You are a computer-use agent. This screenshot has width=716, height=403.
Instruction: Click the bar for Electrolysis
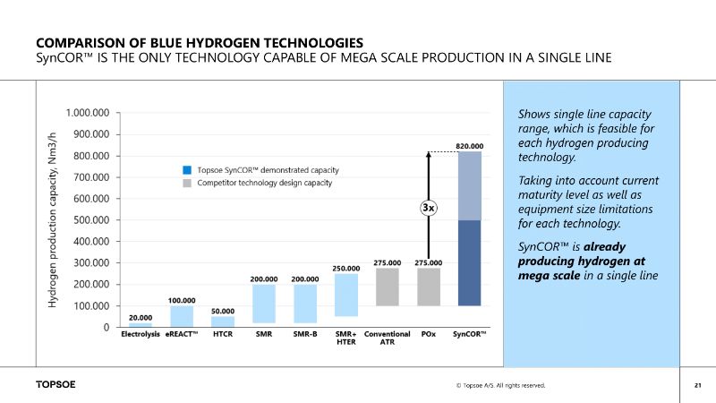tap(141, 324)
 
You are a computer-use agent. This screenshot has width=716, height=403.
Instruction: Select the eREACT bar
tap(182, 316)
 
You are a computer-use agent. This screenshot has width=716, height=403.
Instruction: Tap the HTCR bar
tap(223, 322)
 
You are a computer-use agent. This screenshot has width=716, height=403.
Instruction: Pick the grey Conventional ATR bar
tap(387, 287)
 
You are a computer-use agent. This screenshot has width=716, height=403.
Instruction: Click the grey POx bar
tap(430, 287)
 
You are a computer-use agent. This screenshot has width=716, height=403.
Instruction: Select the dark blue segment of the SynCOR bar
tap(470, 263)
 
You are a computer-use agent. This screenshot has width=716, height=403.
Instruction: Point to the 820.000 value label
tap(470, 145)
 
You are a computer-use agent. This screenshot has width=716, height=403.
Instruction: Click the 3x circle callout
tap(429, 208)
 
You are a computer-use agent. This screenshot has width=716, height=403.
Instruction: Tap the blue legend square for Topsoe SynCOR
tap(185, 169)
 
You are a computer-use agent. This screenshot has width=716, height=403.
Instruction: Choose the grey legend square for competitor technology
tap(185, 183)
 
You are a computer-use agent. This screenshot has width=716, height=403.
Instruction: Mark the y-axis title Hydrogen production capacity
tap(52, 220)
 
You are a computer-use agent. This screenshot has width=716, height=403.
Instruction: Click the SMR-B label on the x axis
tap(305, 335)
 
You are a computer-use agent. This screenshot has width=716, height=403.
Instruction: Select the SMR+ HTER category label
tap(346, 339)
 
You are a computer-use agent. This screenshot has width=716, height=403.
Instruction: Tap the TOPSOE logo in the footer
tap(55, 385)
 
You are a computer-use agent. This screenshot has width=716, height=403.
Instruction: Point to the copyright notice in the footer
tap(499, 386)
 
